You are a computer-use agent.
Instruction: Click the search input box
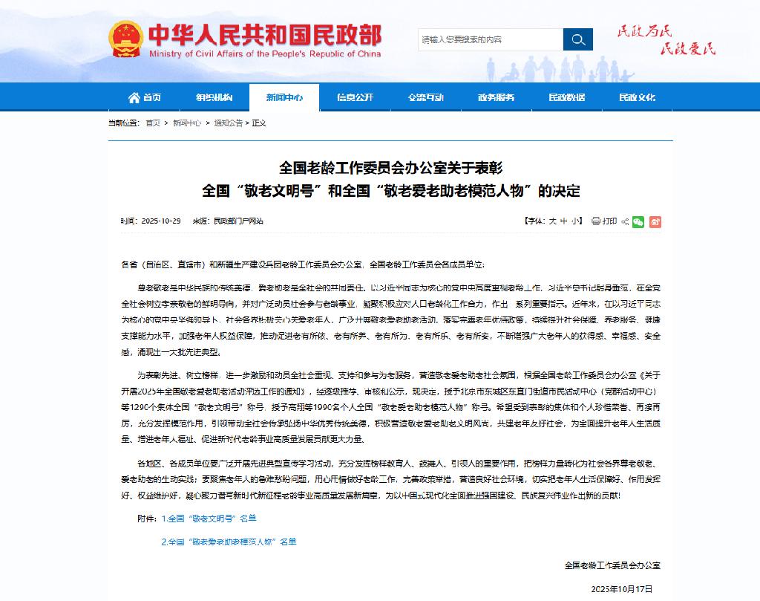coord(490,39)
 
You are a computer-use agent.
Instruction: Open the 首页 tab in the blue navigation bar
coord(145,97)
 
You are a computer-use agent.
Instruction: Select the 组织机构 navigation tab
coord(214,97)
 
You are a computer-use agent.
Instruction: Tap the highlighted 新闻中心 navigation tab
coord(284,97)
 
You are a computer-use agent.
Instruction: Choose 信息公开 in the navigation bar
coord(355,97)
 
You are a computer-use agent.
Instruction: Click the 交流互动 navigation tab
coord(425,97)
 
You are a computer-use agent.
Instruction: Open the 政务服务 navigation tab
coord(496,97)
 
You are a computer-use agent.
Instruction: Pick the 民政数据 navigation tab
coord(566,97)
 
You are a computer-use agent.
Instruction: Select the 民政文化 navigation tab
coord(637,97)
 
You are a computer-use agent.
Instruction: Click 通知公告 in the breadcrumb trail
coord(228,123)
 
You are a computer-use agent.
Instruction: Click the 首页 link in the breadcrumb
coord(152,123)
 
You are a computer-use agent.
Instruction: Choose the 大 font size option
coord(552,221)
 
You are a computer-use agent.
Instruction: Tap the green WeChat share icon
coord(638,221)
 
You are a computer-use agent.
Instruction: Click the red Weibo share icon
coord(655,221)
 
